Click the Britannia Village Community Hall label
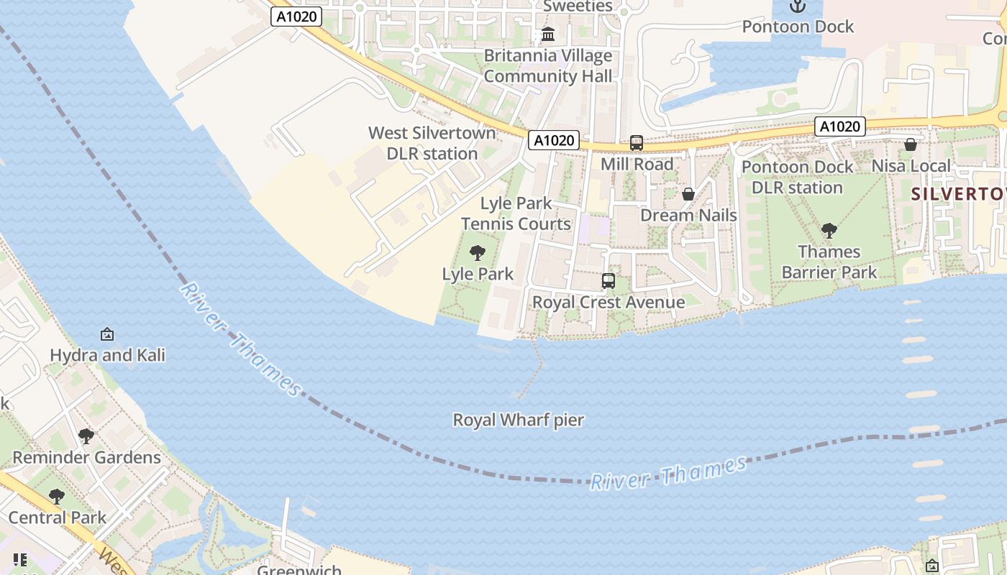[548, 66]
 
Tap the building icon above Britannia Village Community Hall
[548, 34]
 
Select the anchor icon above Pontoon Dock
[797, 6]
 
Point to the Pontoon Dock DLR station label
[797, 177]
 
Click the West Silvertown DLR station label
[432, 143]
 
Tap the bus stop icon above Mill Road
[637, 143]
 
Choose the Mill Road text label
[637, 165]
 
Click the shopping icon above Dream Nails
[688, 194]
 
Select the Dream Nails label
[688, 216]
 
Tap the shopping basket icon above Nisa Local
[910, 144]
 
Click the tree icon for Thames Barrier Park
[829, 231]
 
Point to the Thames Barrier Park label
[829, 262]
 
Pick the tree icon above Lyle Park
[477, 253]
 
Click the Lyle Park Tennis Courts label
[516, 213]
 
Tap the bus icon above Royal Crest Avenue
[609, 281]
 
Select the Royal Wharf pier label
[518, 420]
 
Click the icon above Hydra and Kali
[107, 333]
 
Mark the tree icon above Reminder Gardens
[86, 436]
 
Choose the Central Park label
[58, 517]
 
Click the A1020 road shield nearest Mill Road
[554, 140]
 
